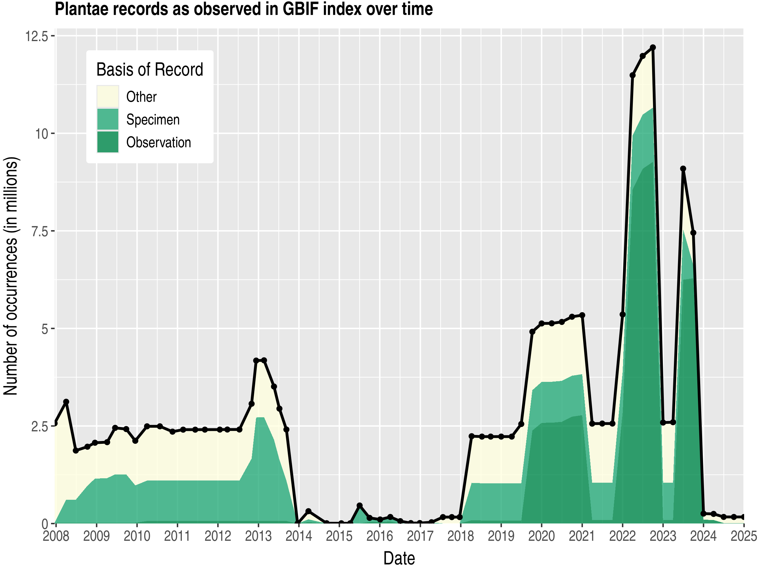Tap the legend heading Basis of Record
(x=150, y=70)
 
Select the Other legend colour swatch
(x=108, y=97)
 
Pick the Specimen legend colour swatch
(x=108, y=119)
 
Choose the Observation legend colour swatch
(x=108, y=142)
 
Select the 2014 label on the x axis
(x=299, y=536)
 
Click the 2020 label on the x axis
(x=541, y=536)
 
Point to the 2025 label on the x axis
(x=744, y=536)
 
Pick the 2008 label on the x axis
(x=56, y=536)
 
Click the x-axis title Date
(x=399, y=558)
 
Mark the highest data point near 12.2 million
(x=653, y=47)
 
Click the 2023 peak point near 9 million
(x=683, y=169)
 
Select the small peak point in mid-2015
(x=360, y=505)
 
